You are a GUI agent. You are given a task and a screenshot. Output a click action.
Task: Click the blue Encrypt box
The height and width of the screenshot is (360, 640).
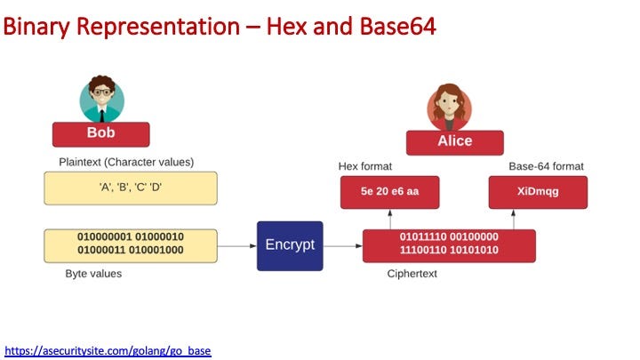tap(290, 245)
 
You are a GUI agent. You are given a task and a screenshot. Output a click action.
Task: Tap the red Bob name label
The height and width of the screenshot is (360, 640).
tap(100, 134)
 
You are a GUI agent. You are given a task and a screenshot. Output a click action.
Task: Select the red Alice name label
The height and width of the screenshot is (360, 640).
tap(455, 143)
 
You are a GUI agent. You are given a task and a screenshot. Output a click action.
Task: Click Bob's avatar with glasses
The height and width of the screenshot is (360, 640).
tap(101, 99)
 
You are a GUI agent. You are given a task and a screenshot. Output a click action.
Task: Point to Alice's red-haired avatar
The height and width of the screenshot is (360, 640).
tap(450, 108)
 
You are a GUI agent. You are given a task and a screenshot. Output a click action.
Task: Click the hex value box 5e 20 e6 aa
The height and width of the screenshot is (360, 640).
tap(390, 192)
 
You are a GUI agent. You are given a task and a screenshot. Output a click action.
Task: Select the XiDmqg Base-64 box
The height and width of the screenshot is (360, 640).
tap(538, 192)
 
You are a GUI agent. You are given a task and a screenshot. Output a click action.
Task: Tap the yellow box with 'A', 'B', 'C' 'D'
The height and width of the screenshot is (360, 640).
tap(131, 188)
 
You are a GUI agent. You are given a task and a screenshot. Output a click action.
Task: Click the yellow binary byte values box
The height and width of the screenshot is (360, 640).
tap(131, 245)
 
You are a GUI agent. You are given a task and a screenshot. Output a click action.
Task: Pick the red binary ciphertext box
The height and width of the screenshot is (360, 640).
tap(449, 245)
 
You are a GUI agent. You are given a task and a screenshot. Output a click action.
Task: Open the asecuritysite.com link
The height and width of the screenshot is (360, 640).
tap(108, 350)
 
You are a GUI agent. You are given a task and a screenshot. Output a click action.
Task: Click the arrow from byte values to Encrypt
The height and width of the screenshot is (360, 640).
tap(236, 245)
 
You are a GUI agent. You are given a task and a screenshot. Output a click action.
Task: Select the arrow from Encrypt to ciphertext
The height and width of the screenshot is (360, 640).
tap(343, 245)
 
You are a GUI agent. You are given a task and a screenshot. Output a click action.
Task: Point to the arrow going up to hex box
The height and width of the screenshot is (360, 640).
tap(390, 220)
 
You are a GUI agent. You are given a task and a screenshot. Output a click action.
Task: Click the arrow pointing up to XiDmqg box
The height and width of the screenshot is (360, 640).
tap(514, 220)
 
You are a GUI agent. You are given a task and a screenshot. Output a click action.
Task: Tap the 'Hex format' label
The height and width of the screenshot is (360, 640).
tap(365, 166)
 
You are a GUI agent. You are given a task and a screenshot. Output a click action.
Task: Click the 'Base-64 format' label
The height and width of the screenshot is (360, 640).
tap(546, 166)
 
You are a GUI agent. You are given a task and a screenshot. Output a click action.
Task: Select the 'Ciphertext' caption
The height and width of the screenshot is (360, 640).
tap(412, 274)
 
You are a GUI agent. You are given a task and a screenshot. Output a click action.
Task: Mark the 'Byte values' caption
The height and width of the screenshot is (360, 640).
tap(93, 274)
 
